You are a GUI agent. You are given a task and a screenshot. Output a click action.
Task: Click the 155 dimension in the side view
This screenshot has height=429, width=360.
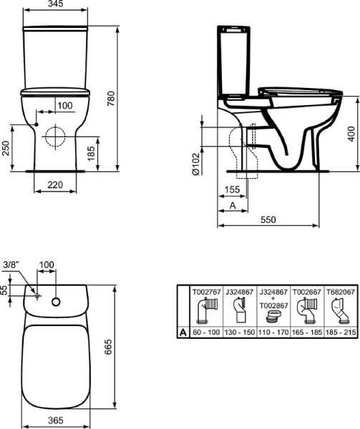230,189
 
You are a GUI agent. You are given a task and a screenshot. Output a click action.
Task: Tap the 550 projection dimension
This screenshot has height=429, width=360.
268,220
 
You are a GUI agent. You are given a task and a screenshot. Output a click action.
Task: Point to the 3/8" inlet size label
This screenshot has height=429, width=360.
10,265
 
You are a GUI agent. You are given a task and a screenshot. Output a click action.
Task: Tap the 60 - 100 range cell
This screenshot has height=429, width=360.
204,332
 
